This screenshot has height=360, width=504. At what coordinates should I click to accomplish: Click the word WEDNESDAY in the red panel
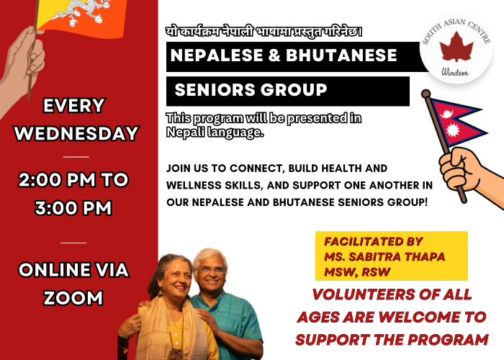click(x=76, y=134)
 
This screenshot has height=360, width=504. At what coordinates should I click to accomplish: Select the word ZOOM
click(x=74, y=297)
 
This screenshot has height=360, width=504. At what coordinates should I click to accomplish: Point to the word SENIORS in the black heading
click(x=215, y=91)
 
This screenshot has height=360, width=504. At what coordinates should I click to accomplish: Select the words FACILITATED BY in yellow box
click(x=373, y=241)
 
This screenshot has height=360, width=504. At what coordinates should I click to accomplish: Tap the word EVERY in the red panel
click(x=75, y=106)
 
